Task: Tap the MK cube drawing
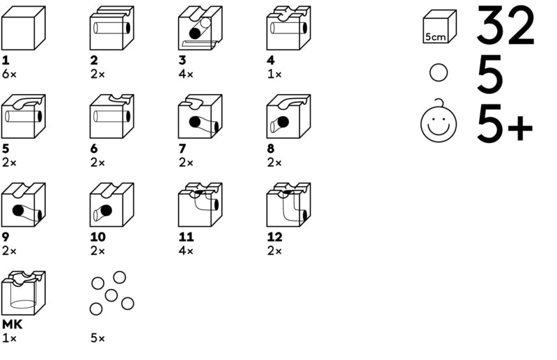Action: pos(23,293)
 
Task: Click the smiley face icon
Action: pos(439,124)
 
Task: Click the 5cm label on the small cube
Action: pos(435,36)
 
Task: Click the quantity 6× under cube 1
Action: pos(9,73)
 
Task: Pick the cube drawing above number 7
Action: pos(200,116)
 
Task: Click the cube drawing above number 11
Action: pos(200,205)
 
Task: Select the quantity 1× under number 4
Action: pos(274,73)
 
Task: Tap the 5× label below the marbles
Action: pos(97,338)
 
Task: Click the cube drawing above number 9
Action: pos(23,205)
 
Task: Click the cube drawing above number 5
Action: pos(23,116)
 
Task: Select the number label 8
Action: pos(271,149)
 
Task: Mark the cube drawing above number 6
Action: pos(111,116)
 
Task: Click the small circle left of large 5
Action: pos(439,73)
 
